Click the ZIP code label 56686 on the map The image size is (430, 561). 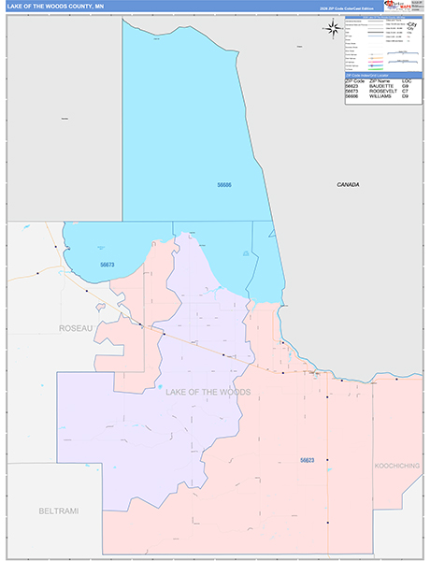coord(224,185)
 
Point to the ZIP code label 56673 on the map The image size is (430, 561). coord(107,265)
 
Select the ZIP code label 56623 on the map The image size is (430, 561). coord(308,460)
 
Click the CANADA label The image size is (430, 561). coord(349,185)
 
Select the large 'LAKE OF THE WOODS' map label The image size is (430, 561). coord(208,392)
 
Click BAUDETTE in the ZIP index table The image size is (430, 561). coord(383,86)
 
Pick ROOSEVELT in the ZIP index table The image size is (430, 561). coord(383,91)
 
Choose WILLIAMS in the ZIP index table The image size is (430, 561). coord(380,95)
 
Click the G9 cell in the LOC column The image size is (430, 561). coord(407,86)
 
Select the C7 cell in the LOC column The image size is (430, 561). coord(407,91)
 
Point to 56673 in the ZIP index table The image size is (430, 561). coord(353,91)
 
